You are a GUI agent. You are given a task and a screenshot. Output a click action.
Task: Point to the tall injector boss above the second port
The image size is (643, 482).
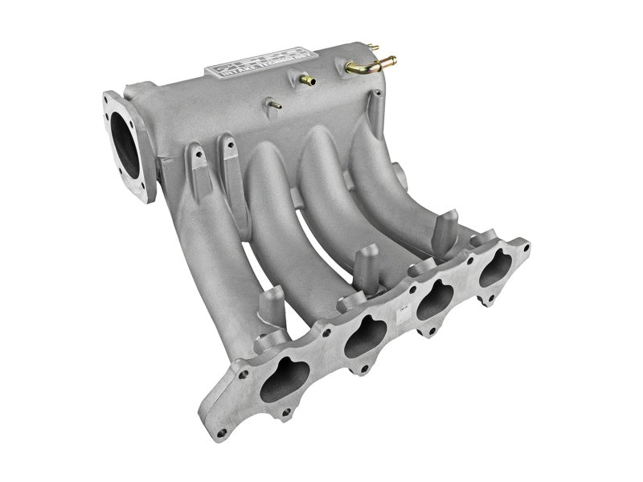365,265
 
